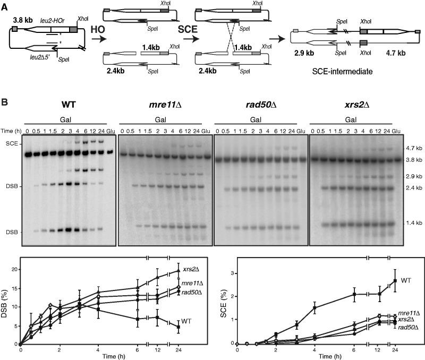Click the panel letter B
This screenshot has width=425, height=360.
coord(5,98)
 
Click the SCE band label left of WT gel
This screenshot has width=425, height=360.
coord(11,144)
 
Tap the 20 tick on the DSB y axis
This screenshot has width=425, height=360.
coord(14,269)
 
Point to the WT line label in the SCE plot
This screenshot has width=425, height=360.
coord(407,279)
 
